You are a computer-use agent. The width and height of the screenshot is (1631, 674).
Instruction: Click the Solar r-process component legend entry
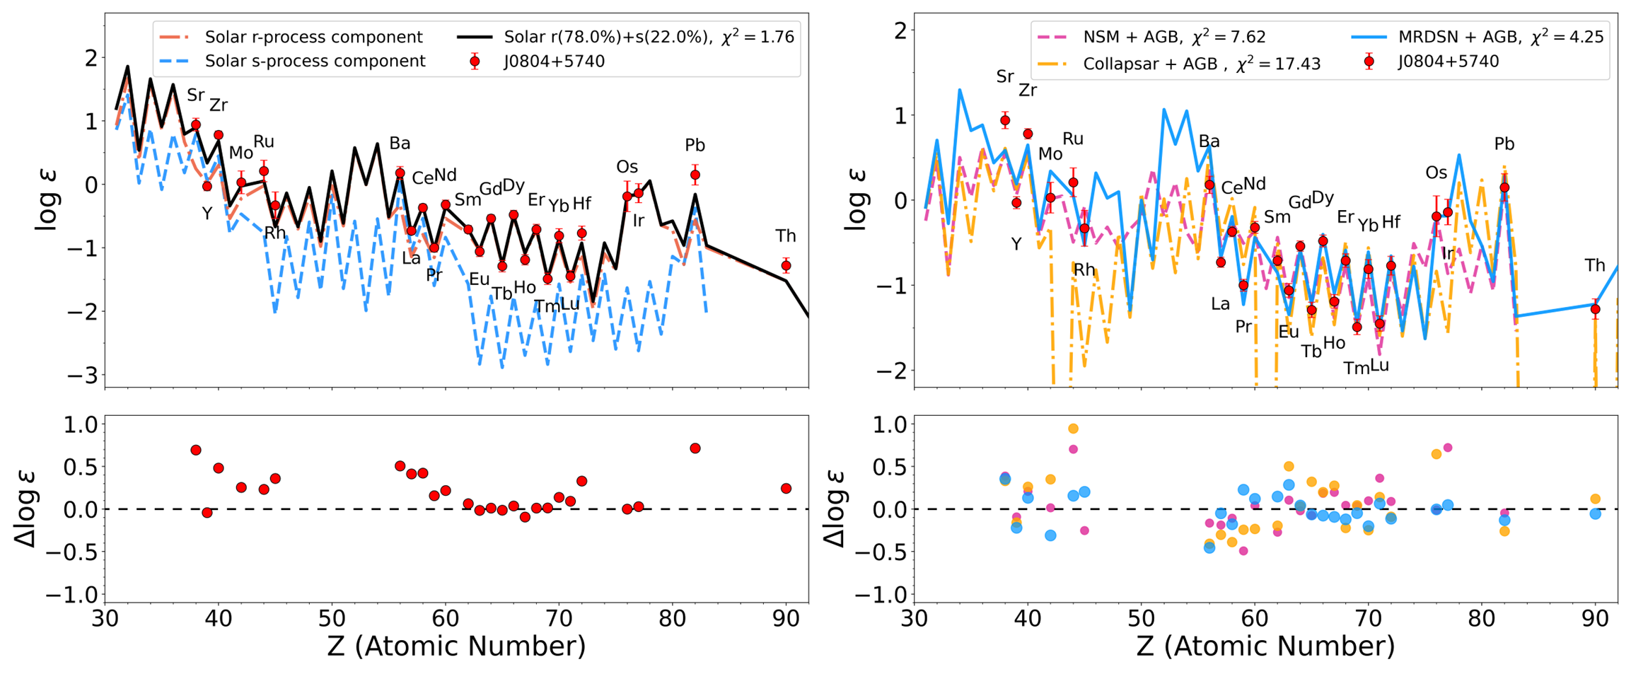(313, 37)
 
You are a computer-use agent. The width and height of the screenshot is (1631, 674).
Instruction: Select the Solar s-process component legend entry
(315, 62)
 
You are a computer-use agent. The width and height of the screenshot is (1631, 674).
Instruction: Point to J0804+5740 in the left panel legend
(554, 62)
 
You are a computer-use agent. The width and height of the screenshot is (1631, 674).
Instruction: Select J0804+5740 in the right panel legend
(1448, 62)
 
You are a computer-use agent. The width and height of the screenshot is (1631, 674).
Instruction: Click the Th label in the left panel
(785, 236)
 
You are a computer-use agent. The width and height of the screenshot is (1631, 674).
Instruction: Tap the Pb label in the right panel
(1504, 144)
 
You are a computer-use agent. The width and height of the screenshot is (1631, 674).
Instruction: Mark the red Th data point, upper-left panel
(786, 266)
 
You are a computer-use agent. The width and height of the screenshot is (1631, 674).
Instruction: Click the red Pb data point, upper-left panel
(695, 175)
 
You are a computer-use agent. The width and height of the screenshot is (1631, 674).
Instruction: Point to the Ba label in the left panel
(400, 144)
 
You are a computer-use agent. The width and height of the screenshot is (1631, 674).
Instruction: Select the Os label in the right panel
(1436, 173)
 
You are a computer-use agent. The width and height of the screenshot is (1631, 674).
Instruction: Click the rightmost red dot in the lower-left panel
(786, 489)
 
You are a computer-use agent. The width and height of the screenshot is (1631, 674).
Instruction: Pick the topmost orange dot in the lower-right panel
(1073, 429)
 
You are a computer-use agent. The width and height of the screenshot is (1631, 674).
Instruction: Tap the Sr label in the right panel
(1005, 76)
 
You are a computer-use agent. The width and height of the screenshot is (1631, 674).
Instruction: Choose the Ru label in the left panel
(263, 141)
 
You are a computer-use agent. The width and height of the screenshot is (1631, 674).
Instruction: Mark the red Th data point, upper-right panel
(1595, 309)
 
